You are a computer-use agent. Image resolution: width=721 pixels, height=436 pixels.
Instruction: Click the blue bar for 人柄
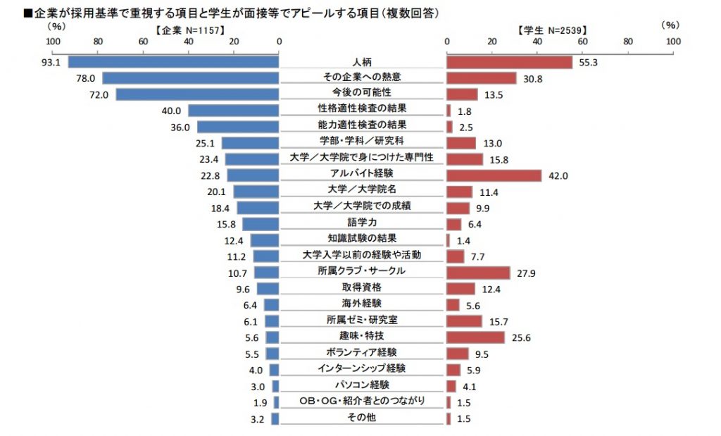(173, 62)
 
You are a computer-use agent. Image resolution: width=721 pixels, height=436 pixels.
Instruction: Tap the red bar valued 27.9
(478, 272)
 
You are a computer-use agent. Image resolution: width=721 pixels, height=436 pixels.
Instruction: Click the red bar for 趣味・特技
(475, 337)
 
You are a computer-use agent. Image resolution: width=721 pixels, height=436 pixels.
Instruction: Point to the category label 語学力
(362, 222)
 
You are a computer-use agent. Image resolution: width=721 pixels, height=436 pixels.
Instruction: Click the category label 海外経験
(362, 304)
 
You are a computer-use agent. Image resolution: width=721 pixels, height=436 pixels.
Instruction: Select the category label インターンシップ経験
(362, 368)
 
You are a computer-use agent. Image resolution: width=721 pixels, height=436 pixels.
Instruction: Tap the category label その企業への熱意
(362, 77)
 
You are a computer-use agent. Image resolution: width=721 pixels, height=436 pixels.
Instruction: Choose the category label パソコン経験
(362, 385)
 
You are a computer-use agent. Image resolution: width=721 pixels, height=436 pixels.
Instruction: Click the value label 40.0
(172, 111)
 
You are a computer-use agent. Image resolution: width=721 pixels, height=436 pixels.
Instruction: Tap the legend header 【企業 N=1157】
(186, 31)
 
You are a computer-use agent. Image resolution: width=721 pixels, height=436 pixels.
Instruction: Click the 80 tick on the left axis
(98, 42)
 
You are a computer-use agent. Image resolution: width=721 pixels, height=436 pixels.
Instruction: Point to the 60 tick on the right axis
(582, 42)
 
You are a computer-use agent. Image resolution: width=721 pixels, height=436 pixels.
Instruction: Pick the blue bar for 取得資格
(268, 288)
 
